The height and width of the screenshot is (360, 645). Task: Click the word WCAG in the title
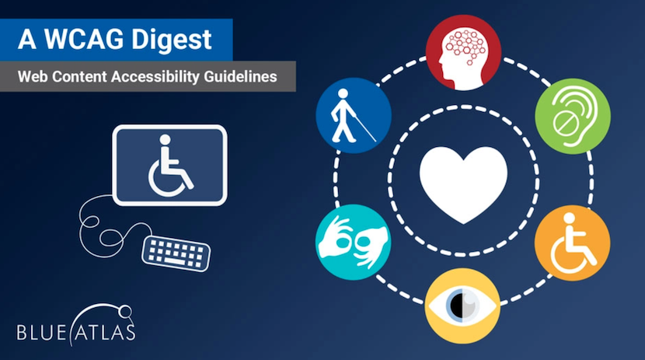(x=84, y=40)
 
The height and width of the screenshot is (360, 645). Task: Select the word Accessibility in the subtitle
(x=155, y=77)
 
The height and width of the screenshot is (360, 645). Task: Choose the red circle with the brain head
(x=464, y=53)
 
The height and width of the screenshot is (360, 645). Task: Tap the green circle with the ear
(x=573, y=117)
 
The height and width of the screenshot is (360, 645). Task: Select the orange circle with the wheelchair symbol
(x=573, y=243)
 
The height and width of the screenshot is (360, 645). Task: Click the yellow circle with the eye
(x=463, y=306)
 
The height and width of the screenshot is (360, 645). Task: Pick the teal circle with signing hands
(x=354, y=243)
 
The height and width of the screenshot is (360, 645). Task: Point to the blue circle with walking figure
(x=354, y=116)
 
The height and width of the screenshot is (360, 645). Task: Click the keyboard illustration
(x=176, y=253)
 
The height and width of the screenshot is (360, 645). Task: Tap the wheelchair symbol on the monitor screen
(x=169, y=166)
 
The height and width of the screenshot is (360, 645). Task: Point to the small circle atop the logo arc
(x=125, y=312)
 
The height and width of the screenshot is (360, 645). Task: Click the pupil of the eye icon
(x=457, y=306)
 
